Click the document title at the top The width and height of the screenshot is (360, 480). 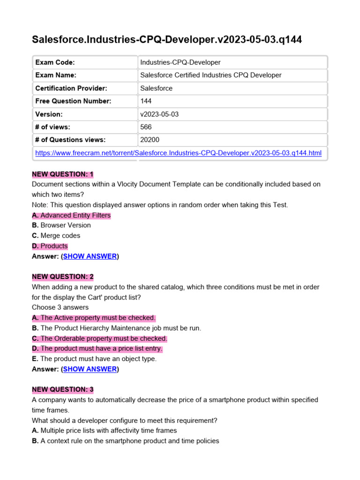(x=166, y=40)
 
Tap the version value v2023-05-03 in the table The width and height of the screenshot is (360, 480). (x=159, y=114)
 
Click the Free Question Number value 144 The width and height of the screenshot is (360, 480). (x=145, y=101)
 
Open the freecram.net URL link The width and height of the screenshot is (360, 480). (x=179, y=153)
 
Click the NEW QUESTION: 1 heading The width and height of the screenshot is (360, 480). (x=63, y=174)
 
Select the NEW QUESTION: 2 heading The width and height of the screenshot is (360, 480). (x=63, y=277)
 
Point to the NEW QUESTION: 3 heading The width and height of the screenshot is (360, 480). (x=63, y=390)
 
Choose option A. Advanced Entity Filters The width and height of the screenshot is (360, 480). (x=71, y=215)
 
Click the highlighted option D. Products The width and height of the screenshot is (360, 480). (x=50, y=246)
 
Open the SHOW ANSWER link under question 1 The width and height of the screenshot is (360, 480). (x=90, y=256)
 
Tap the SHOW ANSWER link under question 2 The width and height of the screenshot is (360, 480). (x=90, y=369)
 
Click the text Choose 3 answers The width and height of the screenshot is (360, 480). (x=60, y=307)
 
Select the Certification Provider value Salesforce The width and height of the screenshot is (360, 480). (x=157, y=88)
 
